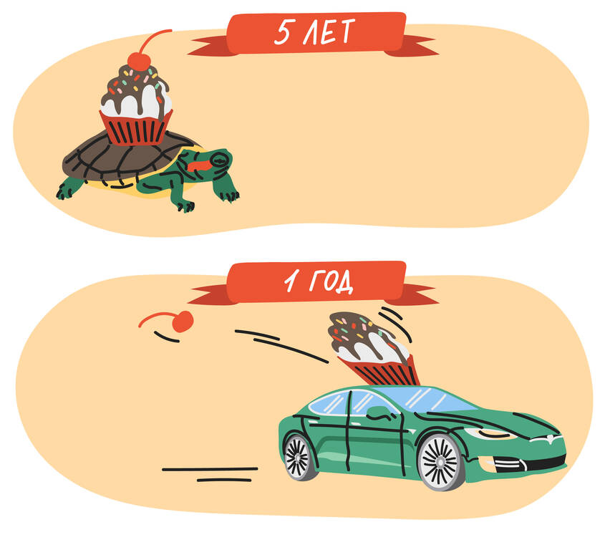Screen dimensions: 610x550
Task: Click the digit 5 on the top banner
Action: [x=283, y=33]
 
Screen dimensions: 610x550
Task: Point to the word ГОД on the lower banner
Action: [x=331, y=281]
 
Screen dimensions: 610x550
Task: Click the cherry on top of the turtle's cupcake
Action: [x=139, y=62]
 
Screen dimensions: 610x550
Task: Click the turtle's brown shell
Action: [x=125, y=158]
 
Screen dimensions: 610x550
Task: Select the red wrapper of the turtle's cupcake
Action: [x=135, y=127]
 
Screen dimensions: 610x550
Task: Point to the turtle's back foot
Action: [x=69, y=189]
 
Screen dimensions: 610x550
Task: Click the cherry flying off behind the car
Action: [x=183, y=322]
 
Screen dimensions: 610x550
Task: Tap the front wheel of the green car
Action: [x=441, y=462]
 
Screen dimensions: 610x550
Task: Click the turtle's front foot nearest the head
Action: [x=230, y=193]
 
